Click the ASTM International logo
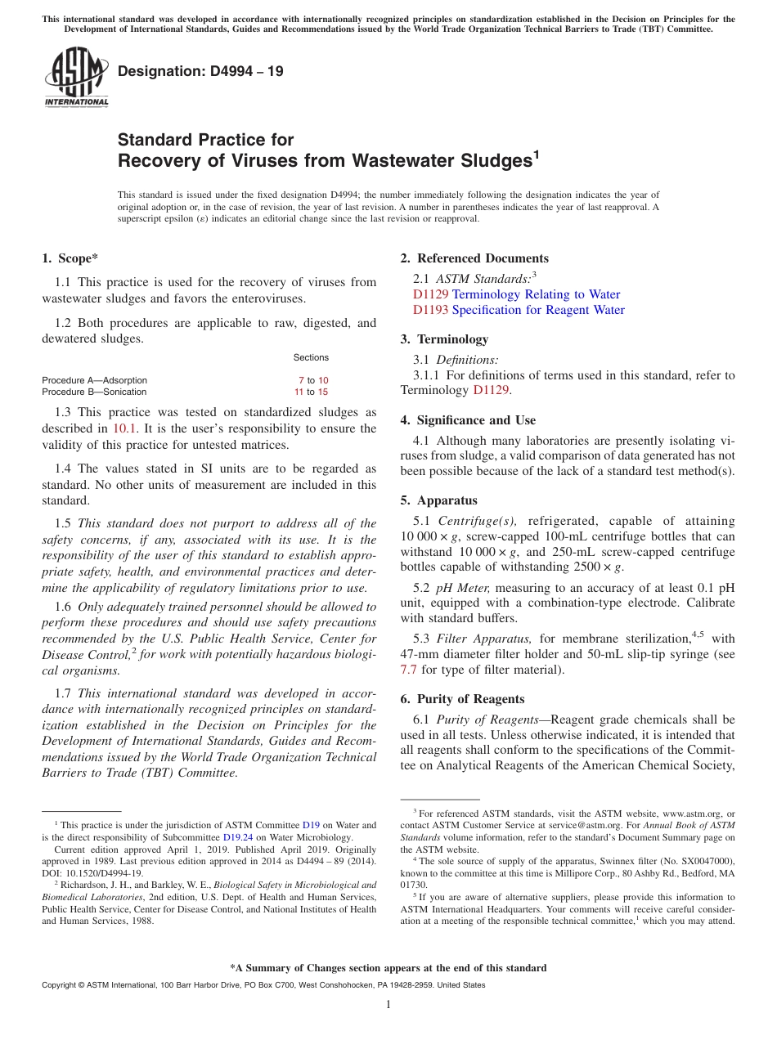tap(76, 78)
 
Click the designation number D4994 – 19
tap(200, 71)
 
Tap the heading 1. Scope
tap(70, 258)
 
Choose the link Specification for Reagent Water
tap(538, 310)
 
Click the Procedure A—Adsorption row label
tap(94, 380)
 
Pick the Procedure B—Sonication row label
tap(94, 392)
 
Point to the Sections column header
tap(311, 357)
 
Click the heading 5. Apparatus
tap(439, 500)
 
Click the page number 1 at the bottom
tap(388, 1005)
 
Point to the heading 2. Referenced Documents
tap(474, 258)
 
